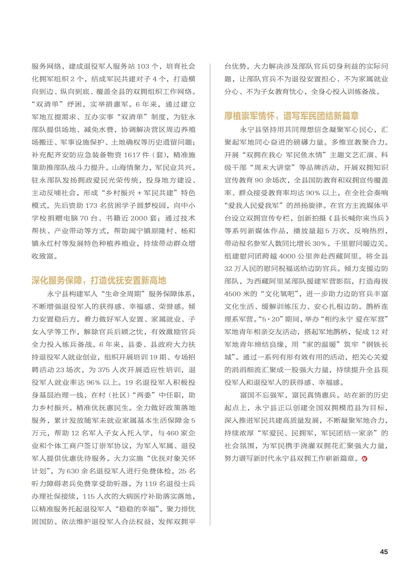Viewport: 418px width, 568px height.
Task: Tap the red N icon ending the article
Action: tap(365, 459)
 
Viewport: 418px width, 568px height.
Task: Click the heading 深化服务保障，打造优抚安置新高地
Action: tap(99, 280)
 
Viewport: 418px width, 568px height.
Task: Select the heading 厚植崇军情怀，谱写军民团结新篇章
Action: tap(292, 116)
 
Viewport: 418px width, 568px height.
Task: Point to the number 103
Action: tap(143, 66)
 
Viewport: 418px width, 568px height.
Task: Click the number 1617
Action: tap(132, 155)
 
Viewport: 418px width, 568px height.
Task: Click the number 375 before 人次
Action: tap(104, 370)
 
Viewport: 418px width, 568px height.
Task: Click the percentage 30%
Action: tap(319, 243)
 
